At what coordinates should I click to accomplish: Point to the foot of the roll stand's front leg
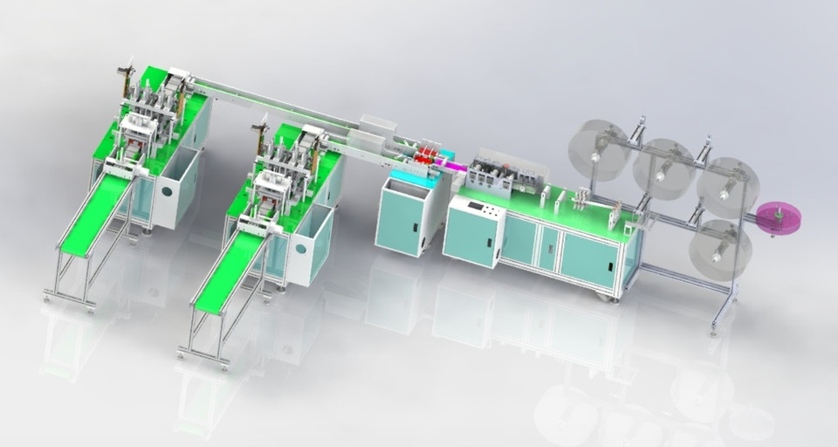(x=713, y=330)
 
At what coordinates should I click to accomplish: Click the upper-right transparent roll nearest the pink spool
(x=728, y=187)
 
